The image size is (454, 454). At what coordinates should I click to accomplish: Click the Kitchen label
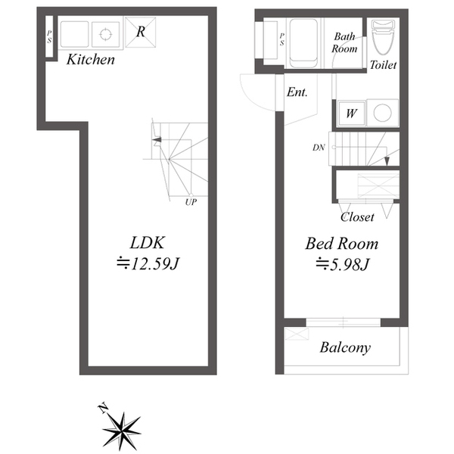click(91, 60)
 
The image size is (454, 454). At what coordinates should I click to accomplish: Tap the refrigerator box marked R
click(141, 32)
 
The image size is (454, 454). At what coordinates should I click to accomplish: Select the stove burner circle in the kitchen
click(105, 34)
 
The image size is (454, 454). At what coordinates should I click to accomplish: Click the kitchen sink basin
click(74, 34)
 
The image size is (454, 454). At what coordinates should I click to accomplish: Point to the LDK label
click(148, 243)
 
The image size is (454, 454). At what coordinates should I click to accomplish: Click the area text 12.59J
click(148, 264)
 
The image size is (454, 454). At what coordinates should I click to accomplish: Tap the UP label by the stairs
click(191, 202)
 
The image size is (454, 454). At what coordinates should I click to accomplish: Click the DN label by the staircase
click(319, 148)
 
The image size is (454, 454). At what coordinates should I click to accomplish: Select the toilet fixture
click(384, 37)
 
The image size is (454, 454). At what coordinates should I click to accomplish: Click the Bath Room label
click(344, 42)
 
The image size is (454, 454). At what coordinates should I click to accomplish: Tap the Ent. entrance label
click(297, 92)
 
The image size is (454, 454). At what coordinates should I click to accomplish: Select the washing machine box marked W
click(352, 113)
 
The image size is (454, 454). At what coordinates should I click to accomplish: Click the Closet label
click(357, 217)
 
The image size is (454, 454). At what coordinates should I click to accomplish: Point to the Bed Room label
click(342, 244)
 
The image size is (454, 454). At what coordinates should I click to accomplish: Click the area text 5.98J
click(343, 264)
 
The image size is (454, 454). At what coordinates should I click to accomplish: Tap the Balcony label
click(345, 347)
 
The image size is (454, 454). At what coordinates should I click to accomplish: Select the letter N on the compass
click(103, 408)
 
